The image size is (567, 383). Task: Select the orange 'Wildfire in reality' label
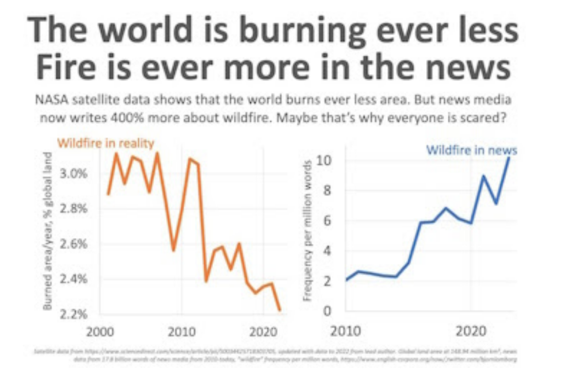pos(106,143)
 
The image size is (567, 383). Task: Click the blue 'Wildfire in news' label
pos(471,150)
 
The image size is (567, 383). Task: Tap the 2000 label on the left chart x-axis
pos(101,332)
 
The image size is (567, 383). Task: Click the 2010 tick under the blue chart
pos(346,332)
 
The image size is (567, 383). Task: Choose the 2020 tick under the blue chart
pos(471,332)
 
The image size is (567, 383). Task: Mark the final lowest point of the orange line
pos(279,310)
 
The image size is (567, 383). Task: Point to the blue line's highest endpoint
pos(509,157)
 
